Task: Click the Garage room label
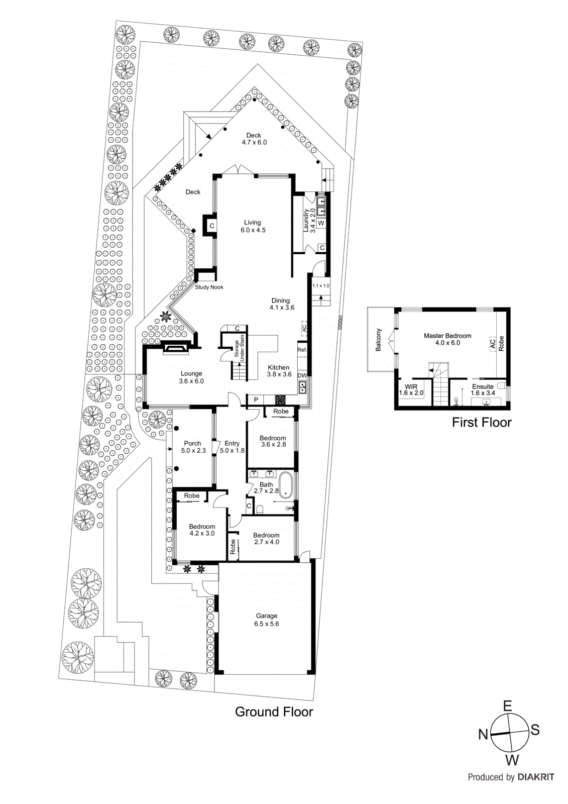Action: pyautogui.click(x=266, y=620)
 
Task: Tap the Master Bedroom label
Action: pyautogui.click(x=447, y=339)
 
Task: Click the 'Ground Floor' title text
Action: pyautogui.click(x=274, y=712)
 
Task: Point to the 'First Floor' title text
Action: pyautogui.click(x=481, y=423)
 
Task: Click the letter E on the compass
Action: pyautogui.click(x=507, y=706)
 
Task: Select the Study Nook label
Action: pyautogui.click(x=209, y=287)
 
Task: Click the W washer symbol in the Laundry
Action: pyautogui.click(x=321, y=223)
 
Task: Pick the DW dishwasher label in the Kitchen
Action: pyautogui.click(x=302, y=375)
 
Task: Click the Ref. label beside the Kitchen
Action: pyautogui.click(x=302, y=350)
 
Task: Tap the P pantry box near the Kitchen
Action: pyautogui.click(x=256, y=400)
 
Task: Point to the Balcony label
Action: pyautogui.click(x=379, y=340)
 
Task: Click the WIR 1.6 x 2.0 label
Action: pyautogui.click(x=411, y=390)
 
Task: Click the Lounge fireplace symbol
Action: pyautogui.click(x=176, y=347)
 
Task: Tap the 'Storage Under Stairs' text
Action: pyautogui.click(x=239, y=346)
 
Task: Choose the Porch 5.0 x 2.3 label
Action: pyautogui.click(x=193, y=447)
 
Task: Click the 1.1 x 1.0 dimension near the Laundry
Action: pyautogui.click(x=321, y=285)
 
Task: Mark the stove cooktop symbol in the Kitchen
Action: pyautogui.click(x=280, y=400)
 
